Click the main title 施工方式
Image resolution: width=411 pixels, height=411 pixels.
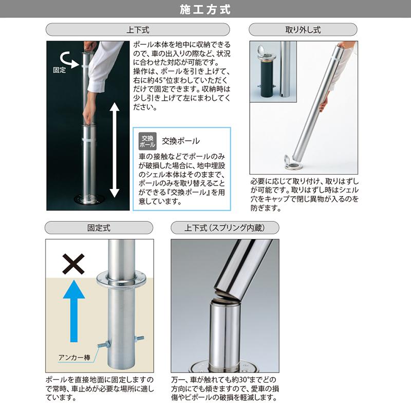[206, 9]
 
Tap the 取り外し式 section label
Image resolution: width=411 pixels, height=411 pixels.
[303, 30]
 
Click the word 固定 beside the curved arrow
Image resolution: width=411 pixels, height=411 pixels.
[60, 70]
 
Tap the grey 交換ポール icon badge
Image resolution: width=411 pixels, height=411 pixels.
[147, 140]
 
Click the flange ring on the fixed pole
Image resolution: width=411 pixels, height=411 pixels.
[122, 278]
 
